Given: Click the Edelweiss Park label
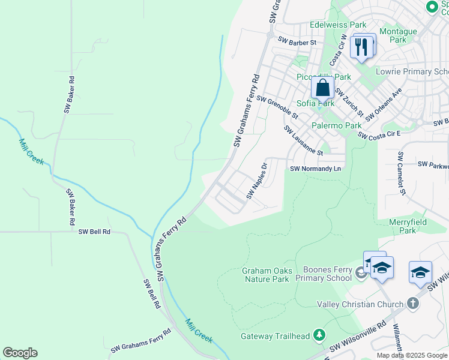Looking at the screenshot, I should coord(338,25).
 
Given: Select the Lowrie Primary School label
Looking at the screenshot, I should coord(412,71).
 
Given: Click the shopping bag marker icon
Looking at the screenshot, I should coord(323,88).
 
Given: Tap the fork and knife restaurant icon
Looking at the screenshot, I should coord(361,46).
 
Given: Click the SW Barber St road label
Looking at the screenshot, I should coord(297,42).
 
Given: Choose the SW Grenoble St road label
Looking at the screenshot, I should coord(277,106).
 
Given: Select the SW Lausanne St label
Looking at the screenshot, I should coord(303,140).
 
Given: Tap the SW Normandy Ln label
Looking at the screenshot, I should coord(315,169).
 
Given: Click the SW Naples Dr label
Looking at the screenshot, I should coord(256,181).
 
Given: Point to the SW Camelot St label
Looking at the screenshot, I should coord(400,173).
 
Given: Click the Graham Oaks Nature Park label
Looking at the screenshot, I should coord(266,275).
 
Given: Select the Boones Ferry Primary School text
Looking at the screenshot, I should coord(327,274).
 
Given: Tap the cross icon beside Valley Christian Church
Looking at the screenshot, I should coord(412,304).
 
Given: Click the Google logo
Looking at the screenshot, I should coord(20,353).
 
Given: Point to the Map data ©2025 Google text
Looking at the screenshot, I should coord(411,355).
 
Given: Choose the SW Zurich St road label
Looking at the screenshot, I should coord(349,102).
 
